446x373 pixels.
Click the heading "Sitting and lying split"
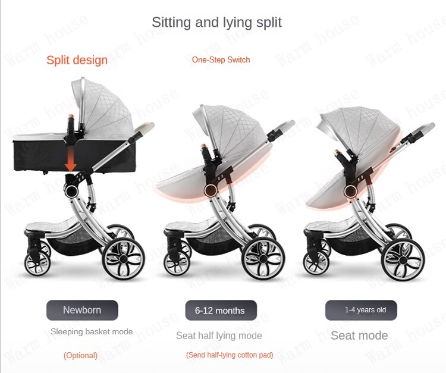point(216,23)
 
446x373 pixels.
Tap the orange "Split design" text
point(77,60)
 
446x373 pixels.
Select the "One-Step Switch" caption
point(221,59)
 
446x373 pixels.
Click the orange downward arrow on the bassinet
point(70,159)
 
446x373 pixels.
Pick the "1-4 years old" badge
point(361,310)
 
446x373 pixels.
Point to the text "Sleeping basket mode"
point(92,331)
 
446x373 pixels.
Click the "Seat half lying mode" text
point(219,336)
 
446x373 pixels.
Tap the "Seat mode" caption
point(359,336)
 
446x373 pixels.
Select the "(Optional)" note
point(80,355)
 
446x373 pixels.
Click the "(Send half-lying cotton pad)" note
point(230,355)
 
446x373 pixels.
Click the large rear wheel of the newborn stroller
point(124,259)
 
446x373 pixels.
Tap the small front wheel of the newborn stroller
point(37,264)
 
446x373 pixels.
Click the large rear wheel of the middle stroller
point(263,259)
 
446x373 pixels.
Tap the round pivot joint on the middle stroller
point(211,190)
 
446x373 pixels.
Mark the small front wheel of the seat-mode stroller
point(316,264)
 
